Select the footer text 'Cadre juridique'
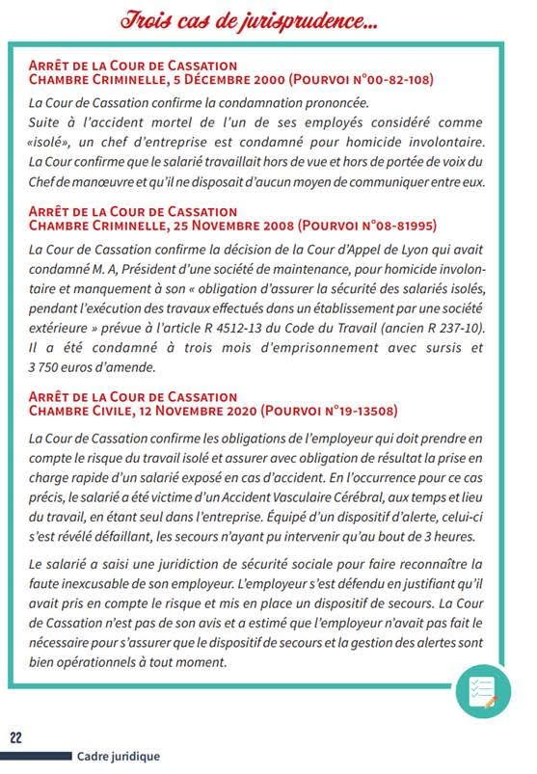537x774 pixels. point(119,757)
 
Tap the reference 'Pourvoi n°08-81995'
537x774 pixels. point(376,226)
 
